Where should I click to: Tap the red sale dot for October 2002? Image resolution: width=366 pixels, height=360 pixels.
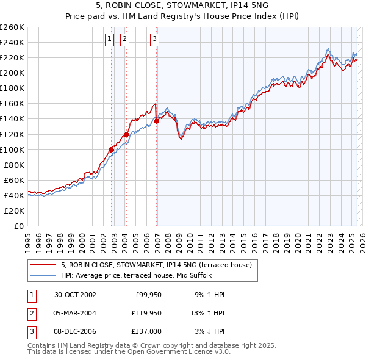click(x=112, y=149)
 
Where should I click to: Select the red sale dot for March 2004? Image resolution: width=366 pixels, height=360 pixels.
click(x=126, y=134)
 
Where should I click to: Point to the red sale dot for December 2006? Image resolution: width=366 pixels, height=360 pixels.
click(x=157, y=121)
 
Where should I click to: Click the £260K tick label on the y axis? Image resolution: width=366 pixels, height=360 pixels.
click(x=12, y=27)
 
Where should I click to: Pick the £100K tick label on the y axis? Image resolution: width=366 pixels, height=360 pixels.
click(x=12, y=149)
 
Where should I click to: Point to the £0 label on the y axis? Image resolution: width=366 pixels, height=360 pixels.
click(x=18, y=226)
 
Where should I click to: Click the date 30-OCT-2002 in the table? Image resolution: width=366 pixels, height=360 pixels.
click(x=75, y=295)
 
